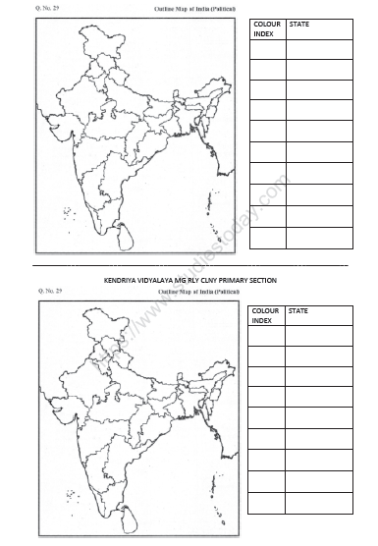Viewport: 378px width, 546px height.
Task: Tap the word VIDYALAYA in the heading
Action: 160,280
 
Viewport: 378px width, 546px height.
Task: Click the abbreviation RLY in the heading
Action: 199,280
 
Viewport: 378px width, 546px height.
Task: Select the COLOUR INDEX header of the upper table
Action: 265,27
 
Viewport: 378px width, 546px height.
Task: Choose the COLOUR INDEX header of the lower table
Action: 265,316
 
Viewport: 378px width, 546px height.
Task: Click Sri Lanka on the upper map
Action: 122,235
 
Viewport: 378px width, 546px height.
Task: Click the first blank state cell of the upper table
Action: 318,49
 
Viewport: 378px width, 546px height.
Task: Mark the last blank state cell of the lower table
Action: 318,503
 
